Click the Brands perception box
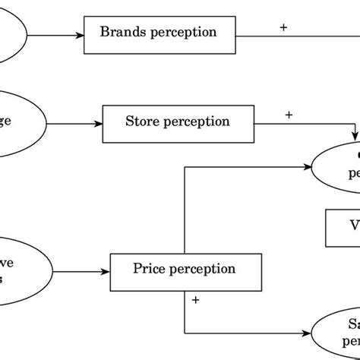159,33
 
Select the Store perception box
177,122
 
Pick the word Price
150,269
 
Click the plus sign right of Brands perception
283,27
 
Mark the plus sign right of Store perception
289,115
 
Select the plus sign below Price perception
196,300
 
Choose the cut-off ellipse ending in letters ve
23,270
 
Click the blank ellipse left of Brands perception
12,34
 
